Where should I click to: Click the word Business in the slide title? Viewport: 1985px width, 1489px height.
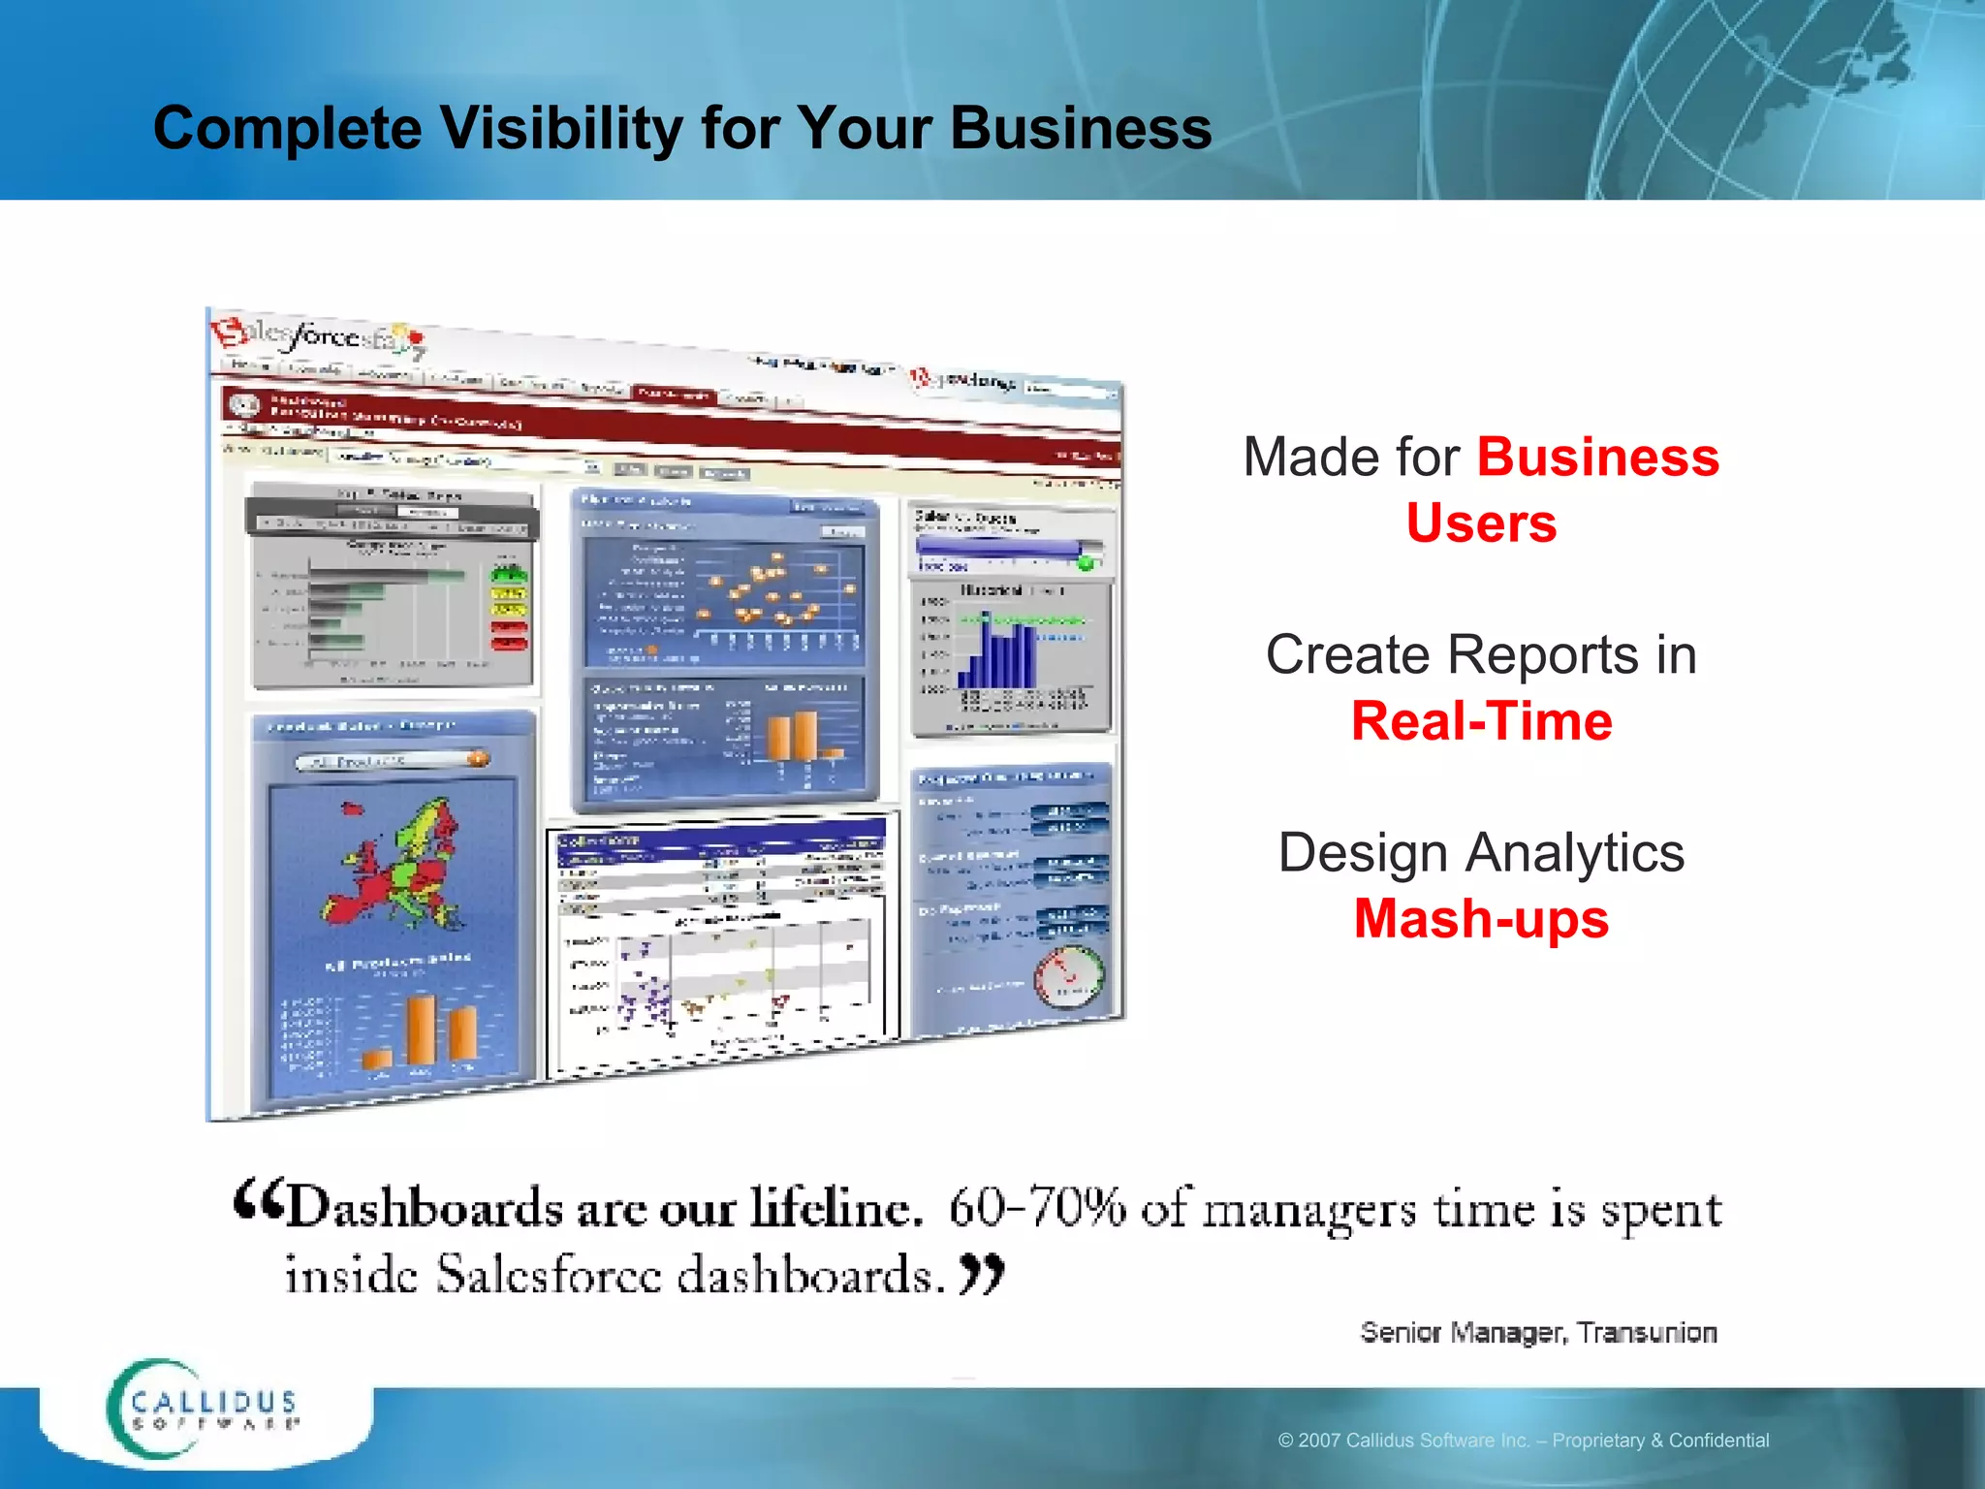pos(1080,129)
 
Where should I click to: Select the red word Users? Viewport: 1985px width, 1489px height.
pos(1480,524)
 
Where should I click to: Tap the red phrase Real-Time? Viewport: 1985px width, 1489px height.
pos(1481,722)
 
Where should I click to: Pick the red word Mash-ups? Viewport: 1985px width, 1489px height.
pos(1480,920)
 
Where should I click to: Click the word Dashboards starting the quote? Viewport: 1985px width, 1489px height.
pos(424,1209)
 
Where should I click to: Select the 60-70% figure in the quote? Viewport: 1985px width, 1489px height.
pos(1037,1209)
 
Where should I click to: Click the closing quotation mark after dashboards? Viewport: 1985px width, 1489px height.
pos(982,1273)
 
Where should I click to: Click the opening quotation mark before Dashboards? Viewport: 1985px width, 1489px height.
pos(258,1202)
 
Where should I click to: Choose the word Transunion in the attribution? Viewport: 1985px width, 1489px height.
pos(1646,1333)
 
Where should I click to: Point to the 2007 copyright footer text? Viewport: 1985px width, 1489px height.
pos(1523,1441)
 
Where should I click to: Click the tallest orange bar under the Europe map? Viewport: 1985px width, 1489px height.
pos(421,1030)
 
